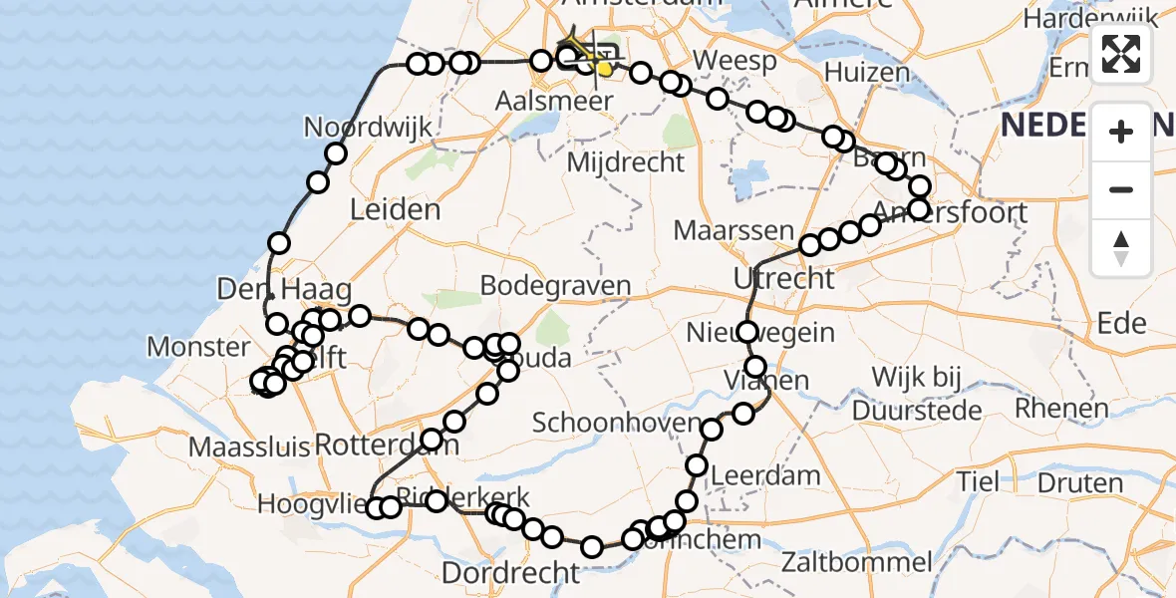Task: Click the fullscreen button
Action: click(x=1121, y=54)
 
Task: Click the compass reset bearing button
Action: click(x=1121, y=248)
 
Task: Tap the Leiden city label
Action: click(x=395, y=209)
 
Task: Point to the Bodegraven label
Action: click(x=555, y=285)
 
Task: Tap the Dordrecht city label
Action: click(x=509, y=573)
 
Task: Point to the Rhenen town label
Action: click(x=1061, y=408)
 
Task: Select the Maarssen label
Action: click(x=734, y=231)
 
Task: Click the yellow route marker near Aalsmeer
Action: click(x=604, y=68)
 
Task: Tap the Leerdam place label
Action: click(x=764, y=475)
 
